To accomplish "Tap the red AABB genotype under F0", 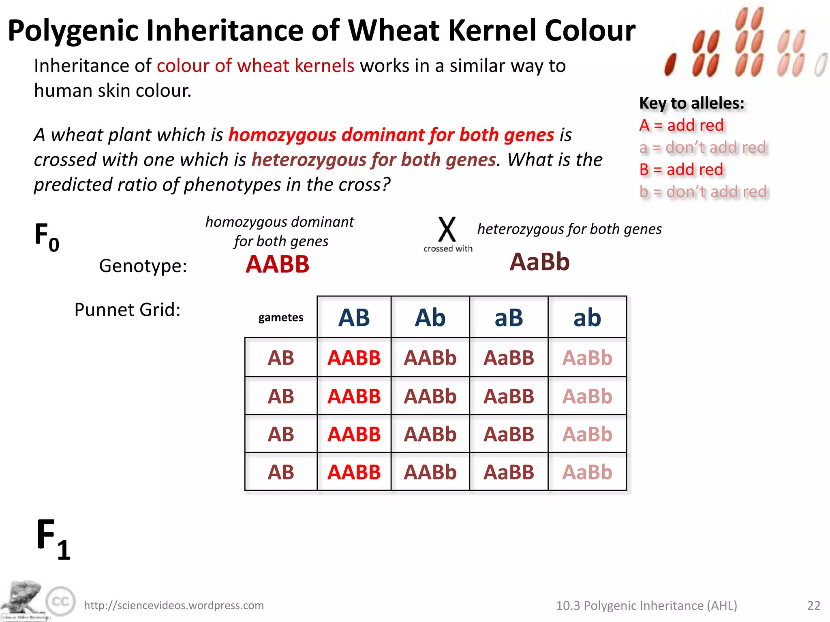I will click(x=278, y=264).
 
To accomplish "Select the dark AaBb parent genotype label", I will click(x=539, y=262).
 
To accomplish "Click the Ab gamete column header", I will click(x=430, y=317).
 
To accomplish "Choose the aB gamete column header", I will click(x=509, y=317).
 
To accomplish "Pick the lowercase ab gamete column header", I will click(x=587, y=317).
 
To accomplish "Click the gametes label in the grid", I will click(x=281, y=317).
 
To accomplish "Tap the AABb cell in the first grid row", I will click(x=430, y=358).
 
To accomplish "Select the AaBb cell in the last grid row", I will click(x=587, y=472).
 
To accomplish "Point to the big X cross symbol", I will click(x=447, y=230).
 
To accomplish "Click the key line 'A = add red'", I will click(x=681, y=126).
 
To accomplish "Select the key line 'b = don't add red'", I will click(x=703, y=192).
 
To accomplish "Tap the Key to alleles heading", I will click(x=692, y=103).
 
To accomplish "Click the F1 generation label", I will click(x=53, y=539).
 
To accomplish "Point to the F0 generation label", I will click(x=47, y=237).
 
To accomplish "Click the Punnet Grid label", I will click(x=127, y=310).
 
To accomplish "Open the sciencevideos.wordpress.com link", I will click(x=174, y=605).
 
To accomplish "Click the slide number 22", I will click(x=814, y=605).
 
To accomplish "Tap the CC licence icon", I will click(x=61, y=601).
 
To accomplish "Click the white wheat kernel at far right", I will click(x=821, y=65).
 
